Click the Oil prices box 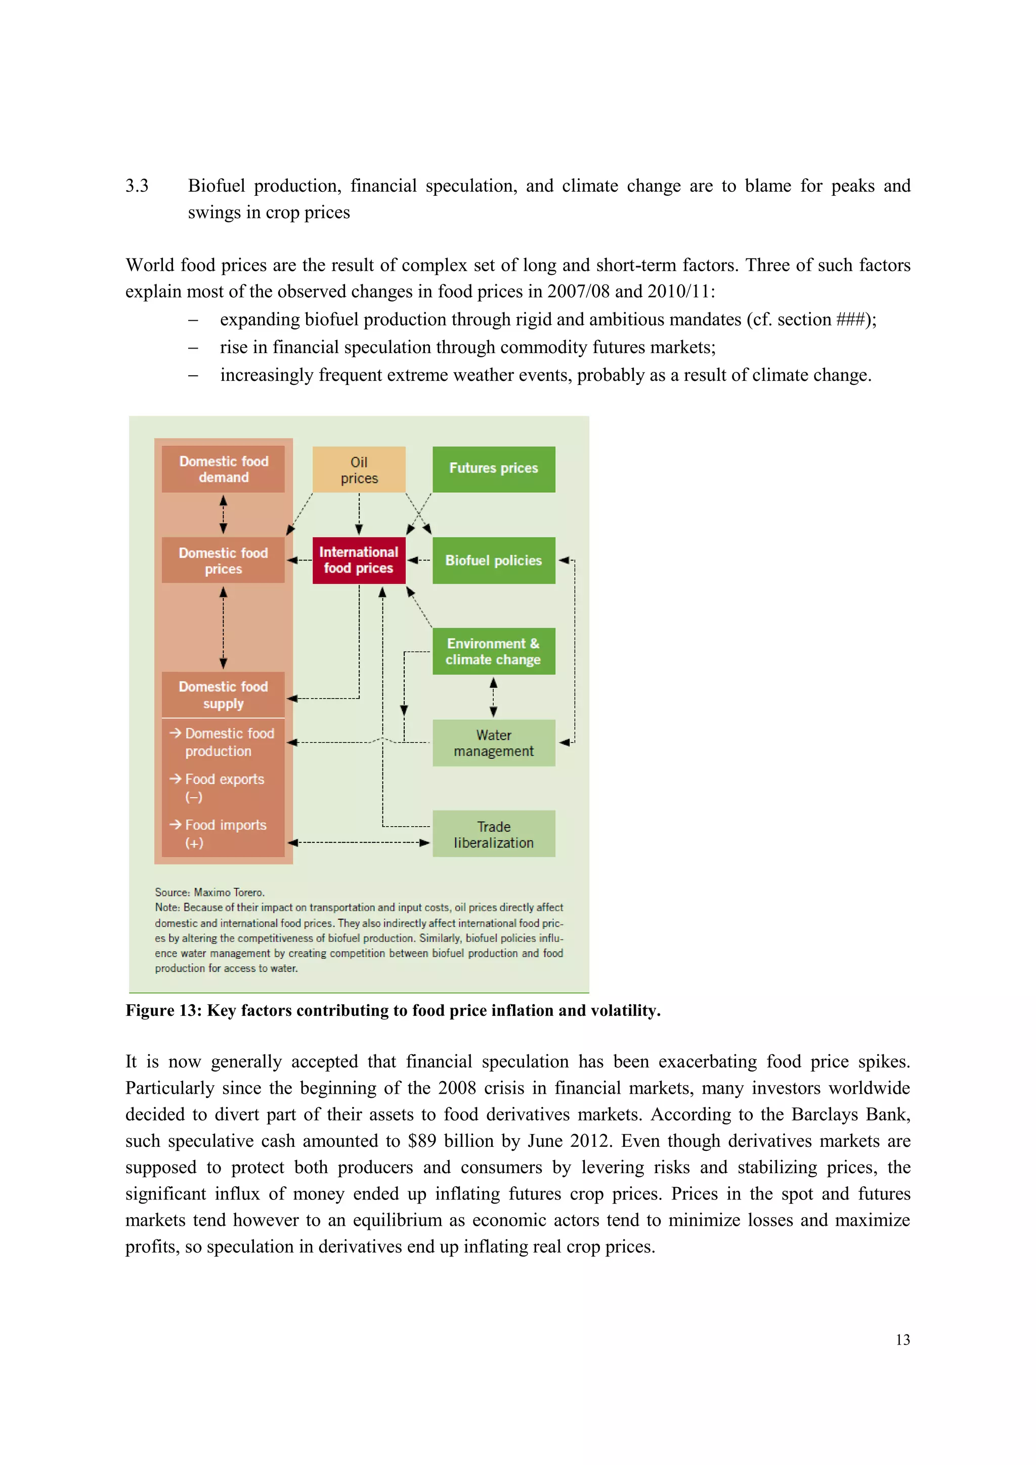(359, 469)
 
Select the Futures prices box (493, 469)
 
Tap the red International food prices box (359, 560)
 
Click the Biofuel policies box (493, 560)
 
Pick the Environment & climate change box (493, 652)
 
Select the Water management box (493, 743)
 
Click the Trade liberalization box (493, 834)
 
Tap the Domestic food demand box (223, 469)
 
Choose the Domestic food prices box (223, 560)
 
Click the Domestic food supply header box (223, 695)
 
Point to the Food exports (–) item (223, 787)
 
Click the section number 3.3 (137, 186)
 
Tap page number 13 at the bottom (902, 1340)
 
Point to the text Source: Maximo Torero (209, 892)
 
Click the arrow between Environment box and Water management (493, 698)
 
